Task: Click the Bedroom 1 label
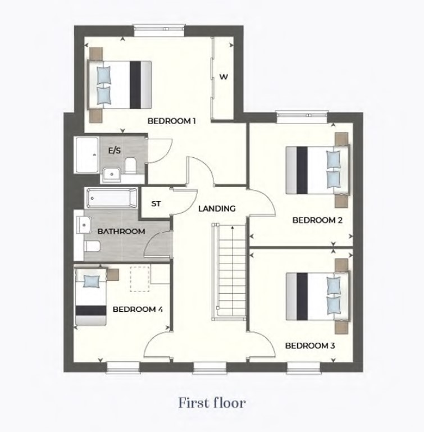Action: [x=172, y=121]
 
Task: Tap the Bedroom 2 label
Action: [x=317, y=220]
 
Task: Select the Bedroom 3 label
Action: [x=310, y=345]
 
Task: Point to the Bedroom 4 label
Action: [x=138, y=309]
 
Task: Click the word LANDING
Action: [x=217, y=208]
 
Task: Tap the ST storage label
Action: [x=156, y=204]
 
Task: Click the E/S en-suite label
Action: [x=115, y=151]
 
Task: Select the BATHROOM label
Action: [x=121, y=231]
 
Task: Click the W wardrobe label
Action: [x=224, y=77]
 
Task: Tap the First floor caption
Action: [x=212, y=403]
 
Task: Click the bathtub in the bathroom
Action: [x=112, y=198]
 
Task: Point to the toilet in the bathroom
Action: [x=92, y=246]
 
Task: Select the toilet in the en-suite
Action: [x=130, y=166]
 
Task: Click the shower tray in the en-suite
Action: [x=87, y=155]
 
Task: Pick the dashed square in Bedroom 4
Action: [x=140, y=279]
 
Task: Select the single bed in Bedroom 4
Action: [x=91, y=297]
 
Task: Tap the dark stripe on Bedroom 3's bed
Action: [x=302, y=297]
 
